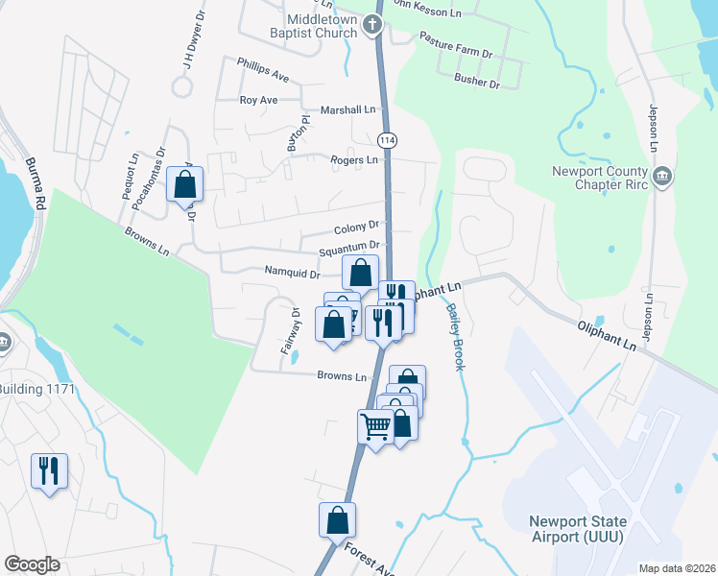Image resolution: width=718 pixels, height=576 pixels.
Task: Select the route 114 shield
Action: point(388,140)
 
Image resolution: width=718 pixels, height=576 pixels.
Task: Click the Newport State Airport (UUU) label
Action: point(576,529)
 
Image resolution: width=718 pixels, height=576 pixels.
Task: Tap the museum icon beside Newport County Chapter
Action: point(662,178)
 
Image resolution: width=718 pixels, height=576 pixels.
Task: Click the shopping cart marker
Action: point(375,425)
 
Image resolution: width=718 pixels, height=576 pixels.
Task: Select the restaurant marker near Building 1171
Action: point(49,470)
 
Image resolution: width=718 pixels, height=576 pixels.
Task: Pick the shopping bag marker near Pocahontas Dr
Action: point(184,183)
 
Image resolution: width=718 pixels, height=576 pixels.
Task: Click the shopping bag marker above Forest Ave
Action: point(337,520)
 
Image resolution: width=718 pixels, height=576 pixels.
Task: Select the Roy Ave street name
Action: point(258,100)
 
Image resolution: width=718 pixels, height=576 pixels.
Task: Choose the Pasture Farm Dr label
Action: point(455,46)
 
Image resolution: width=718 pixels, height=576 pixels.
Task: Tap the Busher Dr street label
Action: point(478,84)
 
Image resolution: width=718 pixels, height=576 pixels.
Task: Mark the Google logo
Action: point(33,564)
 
